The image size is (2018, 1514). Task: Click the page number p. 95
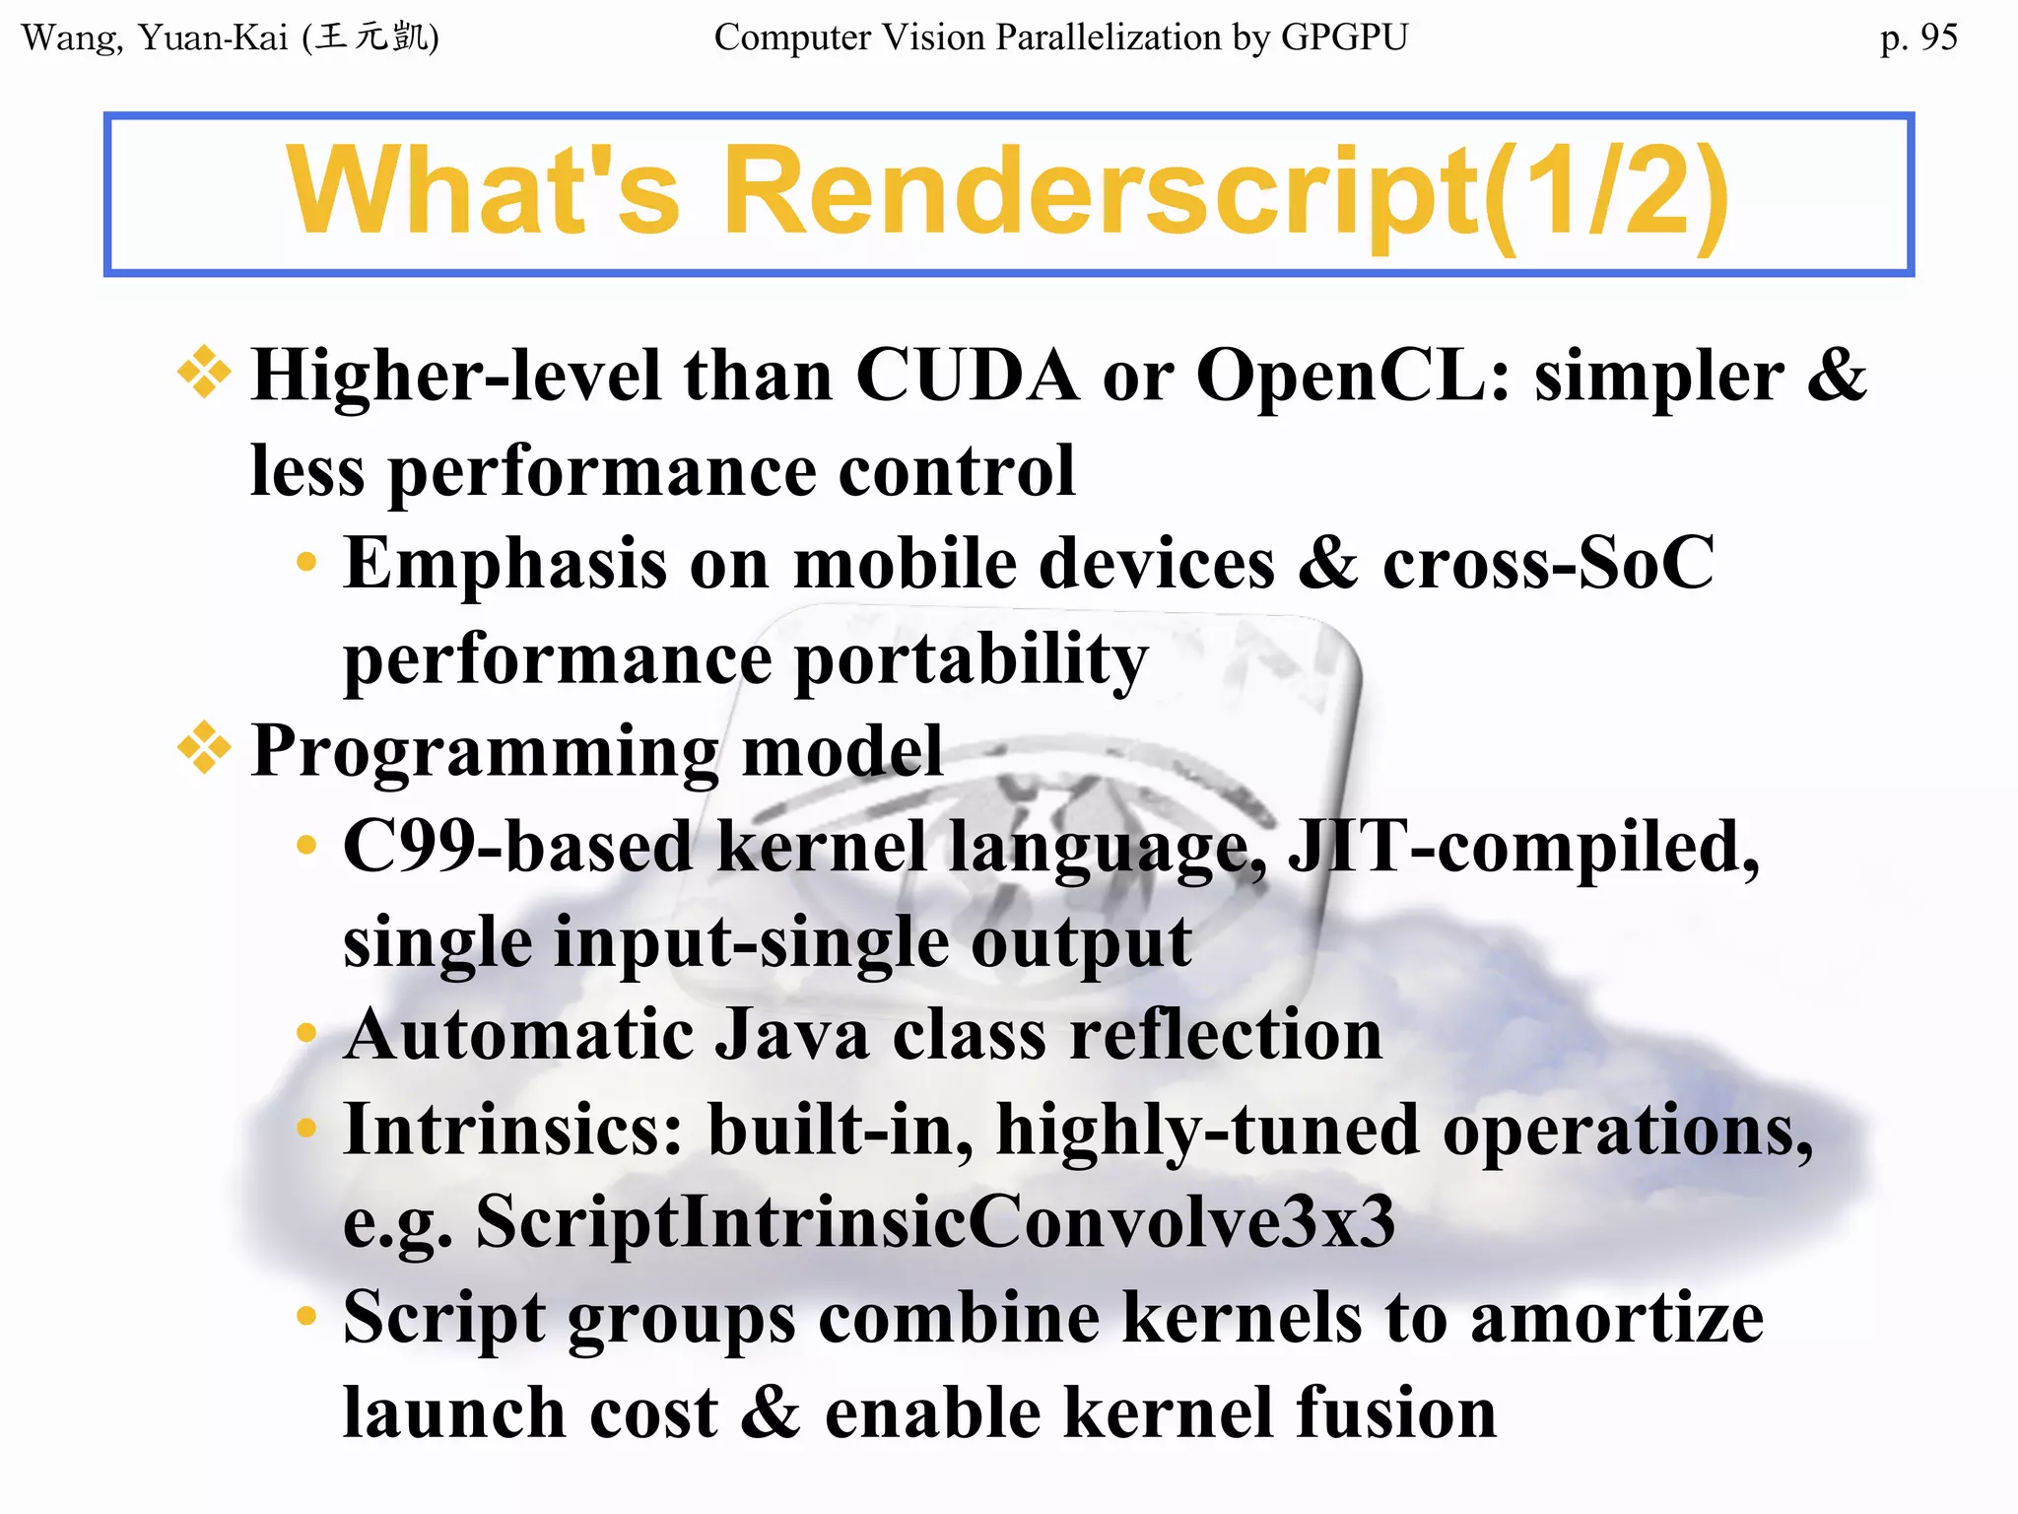click(1917, 37)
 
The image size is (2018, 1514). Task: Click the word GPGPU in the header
click(1344, 37)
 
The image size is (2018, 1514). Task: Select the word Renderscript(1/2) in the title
click(1226, 191)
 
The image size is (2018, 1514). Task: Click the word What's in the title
click(483, 191)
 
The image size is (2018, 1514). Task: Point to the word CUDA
click(967, 377)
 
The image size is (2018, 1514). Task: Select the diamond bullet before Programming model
click(204, 748)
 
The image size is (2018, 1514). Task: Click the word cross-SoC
click(1548, 564)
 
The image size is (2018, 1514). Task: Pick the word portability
click(972, 660)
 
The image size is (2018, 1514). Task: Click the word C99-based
click(518, 847)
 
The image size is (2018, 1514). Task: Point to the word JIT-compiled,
click(1523, 847)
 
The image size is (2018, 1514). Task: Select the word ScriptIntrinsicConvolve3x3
click(935, 1222)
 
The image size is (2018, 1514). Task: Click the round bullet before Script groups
click(306, 1316)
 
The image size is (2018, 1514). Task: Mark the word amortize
click(1616, 1318)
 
